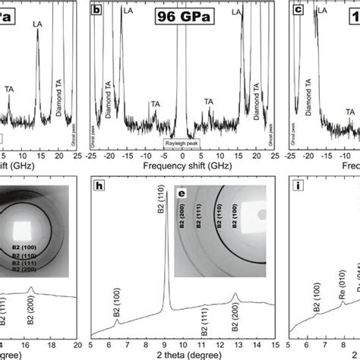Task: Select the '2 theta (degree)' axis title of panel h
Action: (185, 353)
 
